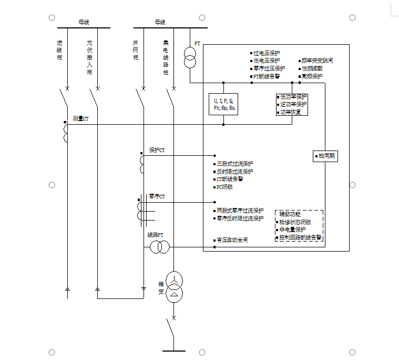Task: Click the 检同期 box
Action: [325, 156]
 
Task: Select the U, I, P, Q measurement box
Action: [224, 104]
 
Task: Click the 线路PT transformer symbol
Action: [160, 246]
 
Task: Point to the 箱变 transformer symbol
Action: [174, 287]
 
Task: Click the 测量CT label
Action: [80, 119]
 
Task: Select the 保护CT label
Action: [157, 150]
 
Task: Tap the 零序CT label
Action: [157, 196]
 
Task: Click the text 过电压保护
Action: [267, 53]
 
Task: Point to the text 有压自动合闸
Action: [232, 240]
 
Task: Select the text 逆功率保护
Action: [293, 104]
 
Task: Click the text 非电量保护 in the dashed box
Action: [292, 229]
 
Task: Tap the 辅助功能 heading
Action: [290, 214]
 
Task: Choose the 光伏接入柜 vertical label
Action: [89, 57]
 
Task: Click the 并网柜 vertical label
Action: [136, 49]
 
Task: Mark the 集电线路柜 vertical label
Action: [166, 57]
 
